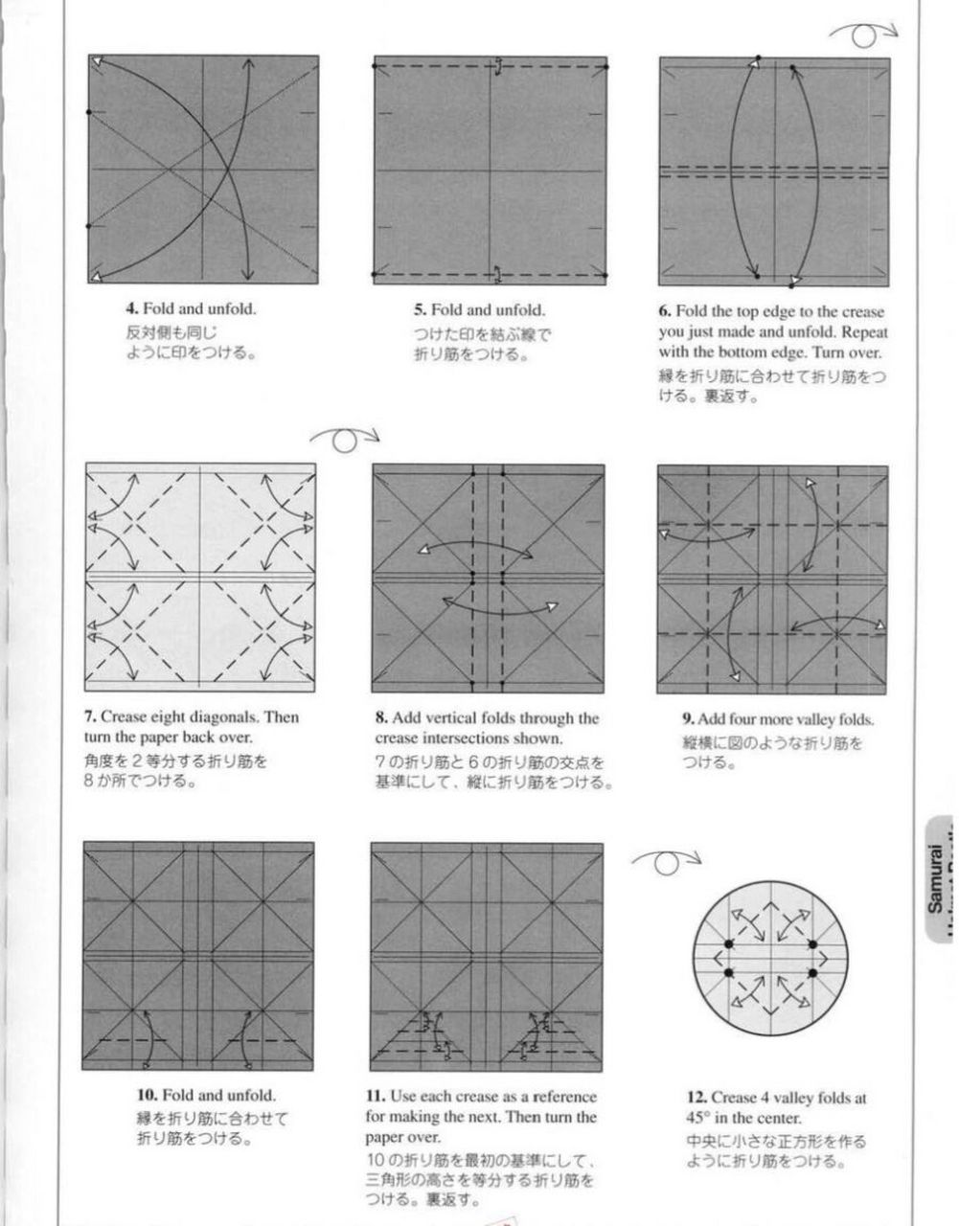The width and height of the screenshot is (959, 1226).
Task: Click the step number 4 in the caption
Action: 131,309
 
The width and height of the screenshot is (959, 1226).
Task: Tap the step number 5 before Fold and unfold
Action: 420,310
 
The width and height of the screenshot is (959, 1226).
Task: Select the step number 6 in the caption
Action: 664,312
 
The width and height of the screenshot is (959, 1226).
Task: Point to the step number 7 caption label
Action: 90,716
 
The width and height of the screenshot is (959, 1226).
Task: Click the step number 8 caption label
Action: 380,718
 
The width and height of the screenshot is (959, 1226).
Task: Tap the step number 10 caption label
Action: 147,1095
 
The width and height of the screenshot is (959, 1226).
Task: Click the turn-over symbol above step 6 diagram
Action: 862,35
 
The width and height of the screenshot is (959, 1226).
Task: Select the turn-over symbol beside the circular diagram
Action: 666,862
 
